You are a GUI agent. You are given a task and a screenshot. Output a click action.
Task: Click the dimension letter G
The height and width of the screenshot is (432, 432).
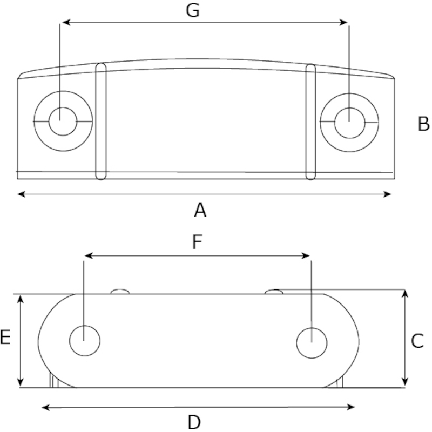(x=193, y=11)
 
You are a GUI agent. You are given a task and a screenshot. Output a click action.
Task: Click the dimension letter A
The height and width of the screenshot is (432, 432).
(x=200, y=210)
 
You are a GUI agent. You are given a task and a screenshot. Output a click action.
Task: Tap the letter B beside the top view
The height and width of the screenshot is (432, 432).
(x=423, y=124)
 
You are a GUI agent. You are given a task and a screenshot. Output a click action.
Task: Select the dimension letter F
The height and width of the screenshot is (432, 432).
(x=198, y=242)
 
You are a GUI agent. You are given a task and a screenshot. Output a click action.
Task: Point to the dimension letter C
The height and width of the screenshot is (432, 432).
(x=417, y=341)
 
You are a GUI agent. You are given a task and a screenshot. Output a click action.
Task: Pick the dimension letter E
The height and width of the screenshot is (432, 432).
(x=5, y=337)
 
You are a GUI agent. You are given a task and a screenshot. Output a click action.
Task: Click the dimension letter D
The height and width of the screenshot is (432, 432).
(x=194, y=422)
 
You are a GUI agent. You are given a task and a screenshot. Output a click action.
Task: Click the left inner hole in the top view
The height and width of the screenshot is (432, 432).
(x=63, y=121)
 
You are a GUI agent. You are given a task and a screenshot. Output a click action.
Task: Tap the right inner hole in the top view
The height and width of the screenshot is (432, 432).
(x=349, y=123)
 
